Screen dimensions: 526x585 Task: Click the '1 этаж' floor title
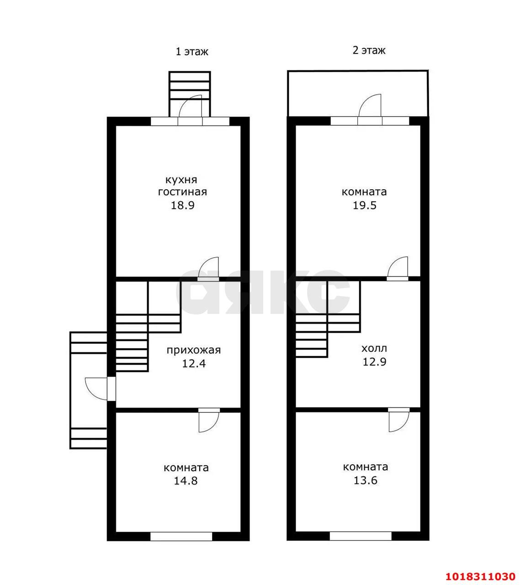(x=191, y=52)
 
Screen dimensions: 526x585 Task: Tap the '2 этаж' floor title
(x=369, y=50)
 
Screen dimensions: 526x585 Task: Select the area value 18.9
(x=182, y=205)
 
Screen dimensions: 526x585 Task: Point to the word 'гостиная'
(x=182, y=192)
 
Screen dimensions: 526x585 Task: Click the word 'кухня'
(x=181, y=180)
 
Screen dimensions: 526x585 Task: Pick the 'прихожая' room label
(x=194, y=350)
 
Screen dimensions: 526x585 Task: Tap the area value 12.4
(x=194, y=363)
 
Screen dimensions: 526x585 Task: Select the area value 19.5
(x=365, y=205)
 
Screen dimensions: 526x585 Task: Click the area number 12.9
(x=374, y=362)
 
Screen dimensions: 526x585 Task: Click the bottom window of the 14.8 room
(x=181, y=536)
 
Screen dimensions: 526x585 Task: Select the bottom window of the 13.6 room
(x=361, y=536)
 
